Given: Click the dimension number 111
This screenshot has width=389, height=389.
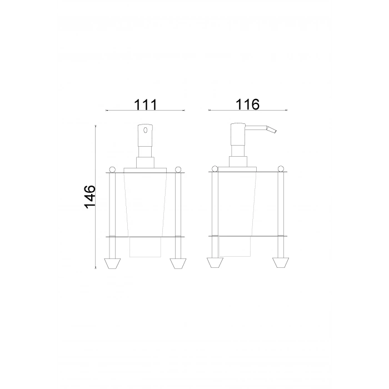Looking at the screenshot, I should (144, 104).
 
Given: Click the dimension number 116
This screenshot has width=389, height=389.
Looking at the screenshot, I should (248, 104).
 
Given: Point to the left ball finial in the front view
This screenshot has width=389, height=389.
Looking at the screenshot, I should (112, 168).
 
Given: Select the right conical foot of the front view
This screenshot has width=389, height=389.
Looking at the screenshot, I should (178, 263).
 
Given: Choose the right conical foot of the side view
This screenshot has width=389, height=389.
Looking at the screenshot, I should (279, 263).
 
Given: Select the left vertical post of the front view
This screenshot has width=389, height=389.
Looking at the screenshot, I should (112, 211).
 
